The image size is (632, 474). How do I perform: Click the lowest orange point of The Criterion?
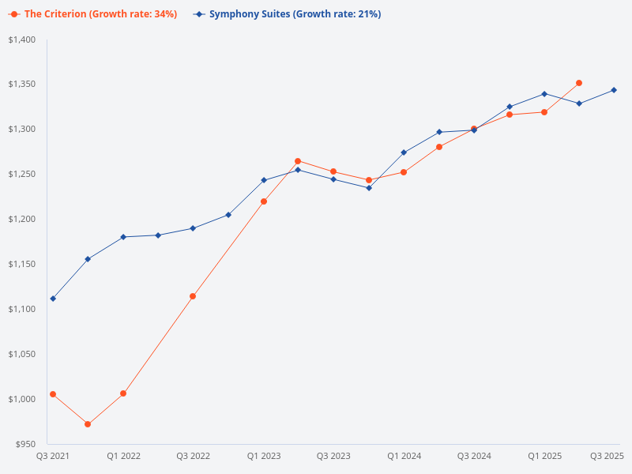[x=88, y=424]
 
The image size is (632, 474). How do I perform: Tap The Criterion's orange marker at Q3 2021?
[x=53, y=394]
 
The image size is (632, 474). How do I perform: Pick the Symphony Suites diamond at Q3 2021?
[x=53, y=299]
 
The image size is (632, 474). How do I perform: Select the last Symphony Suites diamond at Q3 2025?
[x=614, y=90]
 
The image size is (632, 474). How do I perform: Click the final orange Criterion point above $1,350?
[x=579, y=83]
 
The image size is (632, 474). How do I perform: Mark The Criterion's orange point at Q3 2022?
[x=193, y=296]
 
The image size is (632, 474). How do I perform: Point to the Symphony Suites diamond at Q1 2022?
[x=123, y=237]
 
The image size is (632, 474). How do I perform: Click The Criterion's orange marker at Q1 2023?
[x=264, y=201]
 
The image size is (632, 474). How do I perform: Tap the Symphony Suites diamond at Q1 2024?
[x=404, y=152]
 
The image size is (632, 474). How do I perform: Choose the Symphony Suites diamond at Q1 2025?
[x=544, y=94]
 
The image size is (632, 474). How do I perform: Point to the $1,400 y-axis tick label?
[x=22, y=39]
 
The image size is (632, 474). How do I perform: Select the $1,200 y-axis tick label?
[x=22, y=219]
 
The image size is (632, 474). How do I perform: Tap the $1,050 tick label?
[x=22, y=354]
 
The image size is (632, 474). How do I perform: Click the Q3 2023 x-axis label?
[x=333, y=457]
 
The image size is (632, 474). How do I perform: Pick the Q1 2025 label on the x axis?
[x=544, y=457]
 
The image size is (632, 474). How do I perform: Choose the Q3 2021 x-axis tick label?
[x=53, y=457]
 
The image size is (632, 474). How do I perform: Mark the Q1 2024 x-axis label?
[x=404, y=457]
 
